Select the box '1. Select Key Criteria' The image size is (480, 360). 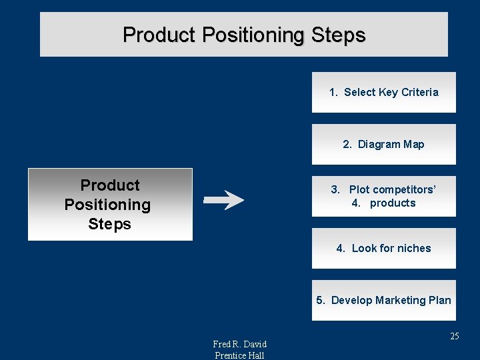pos(383,92)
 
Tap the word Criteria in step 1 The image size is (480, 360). pos(419,92)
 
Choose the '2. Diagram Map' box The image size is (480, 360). pos(383,144)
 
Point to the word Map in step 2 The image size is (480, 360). pos(413,144)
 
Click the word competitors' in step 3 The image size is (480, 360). pos(405,189)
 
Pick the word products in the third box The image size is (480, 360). pos(393,203)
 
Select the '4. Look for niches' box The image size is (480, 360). pos(383,248)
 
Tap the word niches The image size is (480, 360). pos(414,248)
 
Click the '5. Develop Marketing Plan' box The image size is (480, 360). pos(383,300)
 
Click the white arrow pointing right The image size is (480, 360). pos(223,199)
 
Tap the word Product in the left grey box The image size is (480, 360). pos(110,185)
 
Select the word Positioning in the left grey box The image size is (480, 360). pos(107,205)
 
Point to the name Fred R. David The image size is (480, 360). pos(239,344)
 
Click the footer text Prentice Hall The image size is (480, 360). pos(239,355)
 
